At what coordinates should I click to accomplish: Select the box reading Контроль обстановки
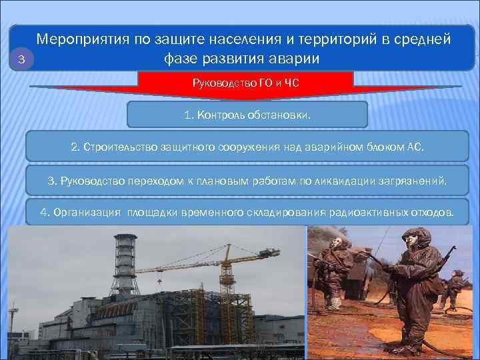(x=247, y=115)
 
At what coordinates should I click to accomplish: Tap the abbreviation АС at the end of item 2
(x=414, y=147)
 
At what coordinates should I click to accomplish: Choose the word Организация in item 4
(x=87, y=213)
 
